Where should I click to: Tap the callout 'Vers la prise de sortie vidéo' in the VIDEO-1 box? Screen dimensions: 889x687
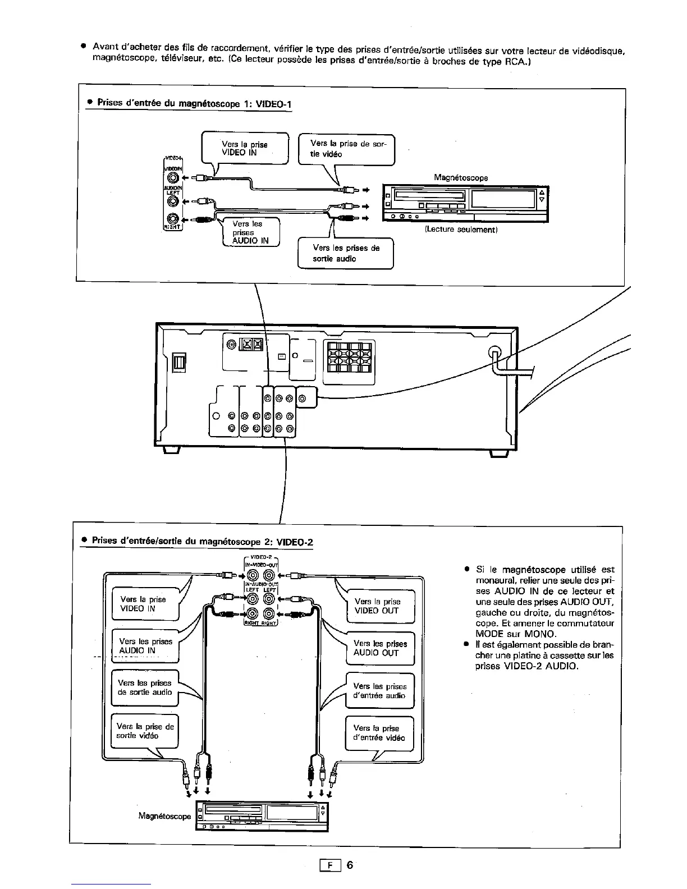(347, 149)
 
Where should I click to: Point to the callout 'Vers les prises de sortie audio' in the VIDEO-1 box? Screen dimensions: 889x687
(346, 254)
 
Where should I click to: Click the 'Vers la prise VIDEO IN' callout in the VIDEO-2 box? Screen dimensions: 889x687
(144, 604)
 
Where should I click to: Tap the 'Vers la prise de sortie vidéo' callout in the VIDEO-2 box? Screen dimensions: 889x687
(145, 731)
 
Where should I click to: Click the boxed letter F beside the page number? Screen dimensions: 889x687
(330, 865)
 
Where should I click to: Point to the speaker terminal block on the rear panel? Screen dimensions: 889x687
(349, 357)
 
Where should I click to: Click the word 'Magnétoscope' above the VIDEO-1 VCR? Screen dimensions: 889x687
(461, 178)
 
